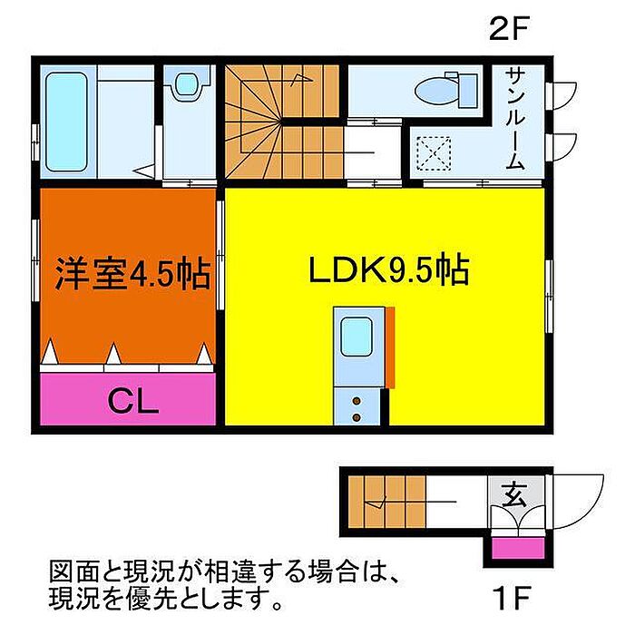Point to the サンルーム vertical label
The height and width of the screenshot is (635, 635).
point(514,118)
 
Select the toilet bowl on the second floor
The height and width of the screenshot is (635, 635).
point(439,90)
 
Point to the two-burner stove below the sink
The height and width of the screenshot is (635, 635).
point(355,405)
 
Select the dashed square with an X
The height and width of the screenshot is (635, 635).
point(434,151)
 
